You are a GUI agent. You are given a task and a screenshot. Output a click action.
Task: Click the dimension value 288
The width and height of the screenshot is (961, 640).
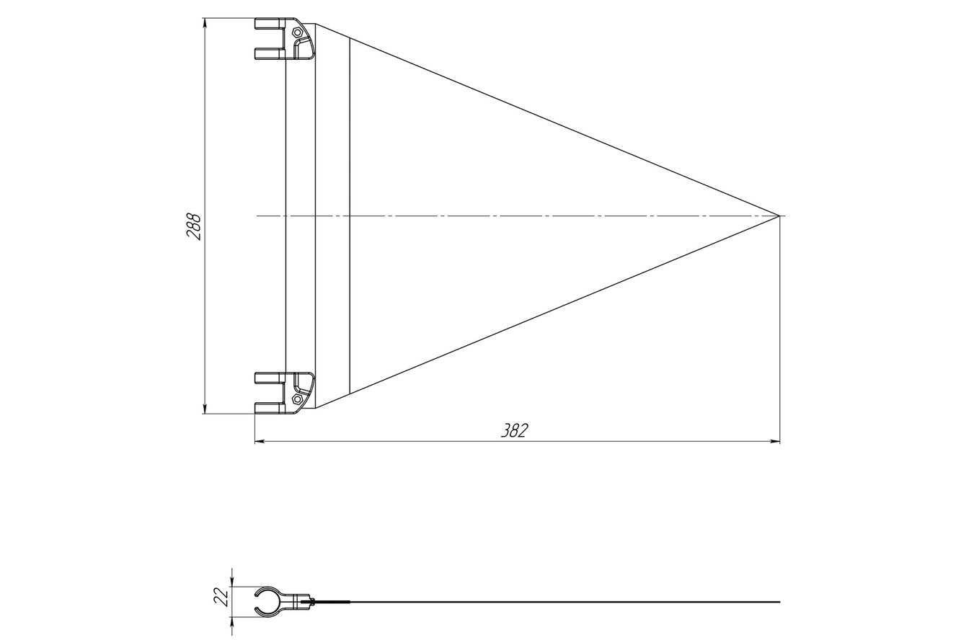tap(193, 226)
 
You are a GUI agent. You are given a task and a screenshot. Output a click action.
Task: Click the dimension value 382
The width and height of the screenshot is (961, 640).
tap(515, 430)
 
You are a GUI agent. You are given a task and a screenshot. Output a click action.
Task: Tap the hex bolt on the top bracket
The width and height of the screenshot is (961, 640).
tap(297, 32)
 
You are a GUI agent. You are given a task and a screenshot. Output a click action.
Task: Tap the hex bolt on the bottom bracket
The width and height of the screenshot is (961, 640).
tap(297, 399)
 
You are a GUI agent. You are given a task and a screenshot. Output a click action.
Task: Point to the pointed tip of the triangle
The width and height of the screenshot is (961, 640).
tap(779, 215)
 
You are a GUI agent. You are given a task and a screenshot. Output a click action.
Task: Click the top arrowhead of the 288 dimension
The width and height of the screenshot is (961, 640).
tap(204, 22)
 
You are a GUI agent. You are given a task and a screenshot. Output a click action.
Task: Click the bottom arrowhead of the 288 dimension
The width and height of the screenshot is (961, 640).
tap(204, 409)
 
